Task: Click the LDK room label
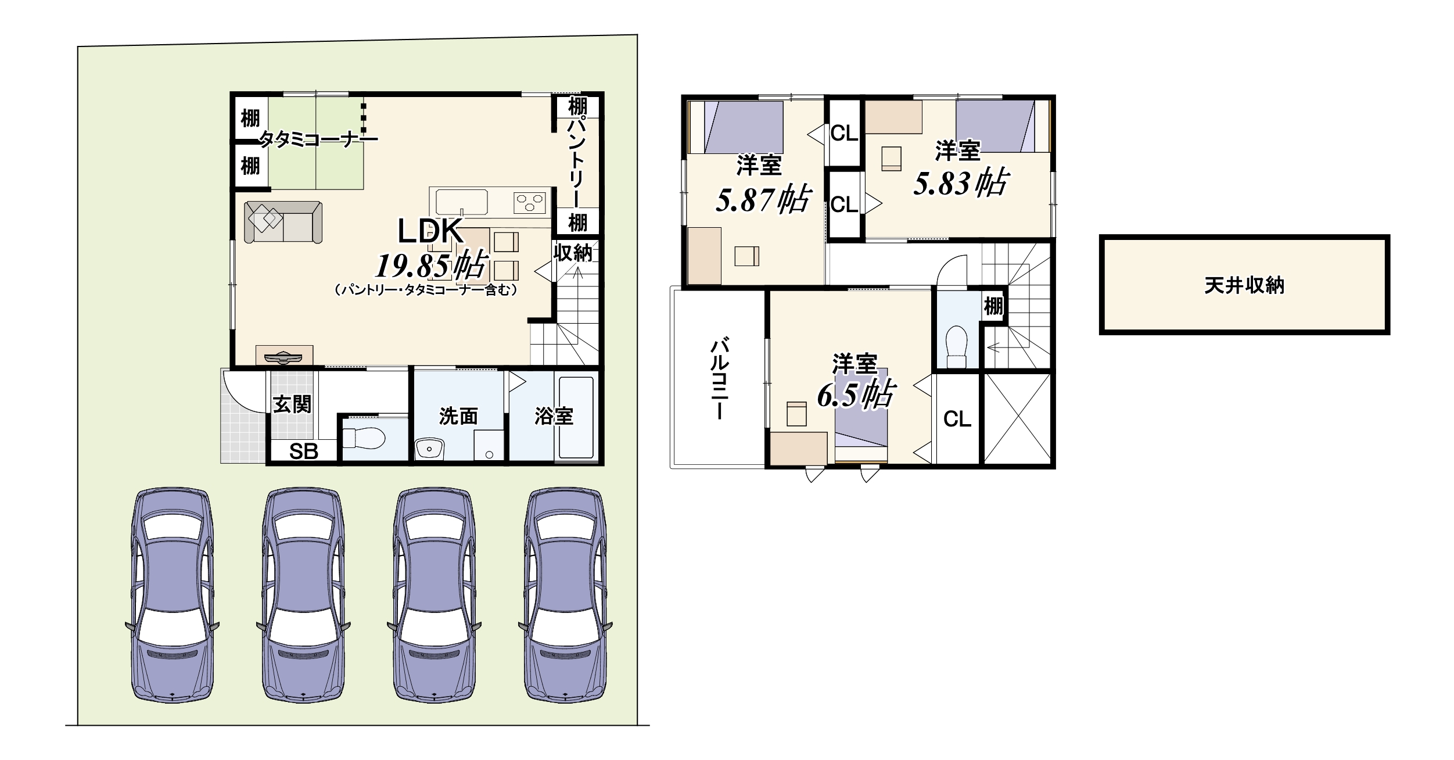click(430, 231)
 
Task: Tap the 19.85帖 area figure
click(431, 266)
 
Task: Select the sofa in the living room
click(283, 222)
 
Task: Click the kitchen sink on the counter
click(462, 202)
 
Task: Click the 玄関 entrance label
click(293, 404)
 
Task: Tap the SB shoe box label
click(304, 451)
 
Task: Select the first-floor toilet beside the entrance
click(364, 438)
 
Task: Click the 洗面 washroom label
click(458, 416)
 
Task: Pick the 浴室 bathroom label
click(554, 416)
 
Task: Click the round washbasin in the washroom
click(430, 449)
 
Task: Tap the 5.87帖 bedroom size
click(763, 199)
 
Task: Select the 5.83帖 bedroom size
click(961, 182)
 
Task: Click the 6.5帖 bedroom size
click(856, 395)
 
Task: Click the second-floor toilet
click(956, 346)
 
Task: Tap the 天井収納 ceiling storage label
click(1244, 285)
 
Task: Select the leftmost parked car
click(173, 595)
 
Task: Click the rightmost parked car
click(565, 595)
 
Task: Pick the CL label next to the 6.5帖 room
click(957, 419)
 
